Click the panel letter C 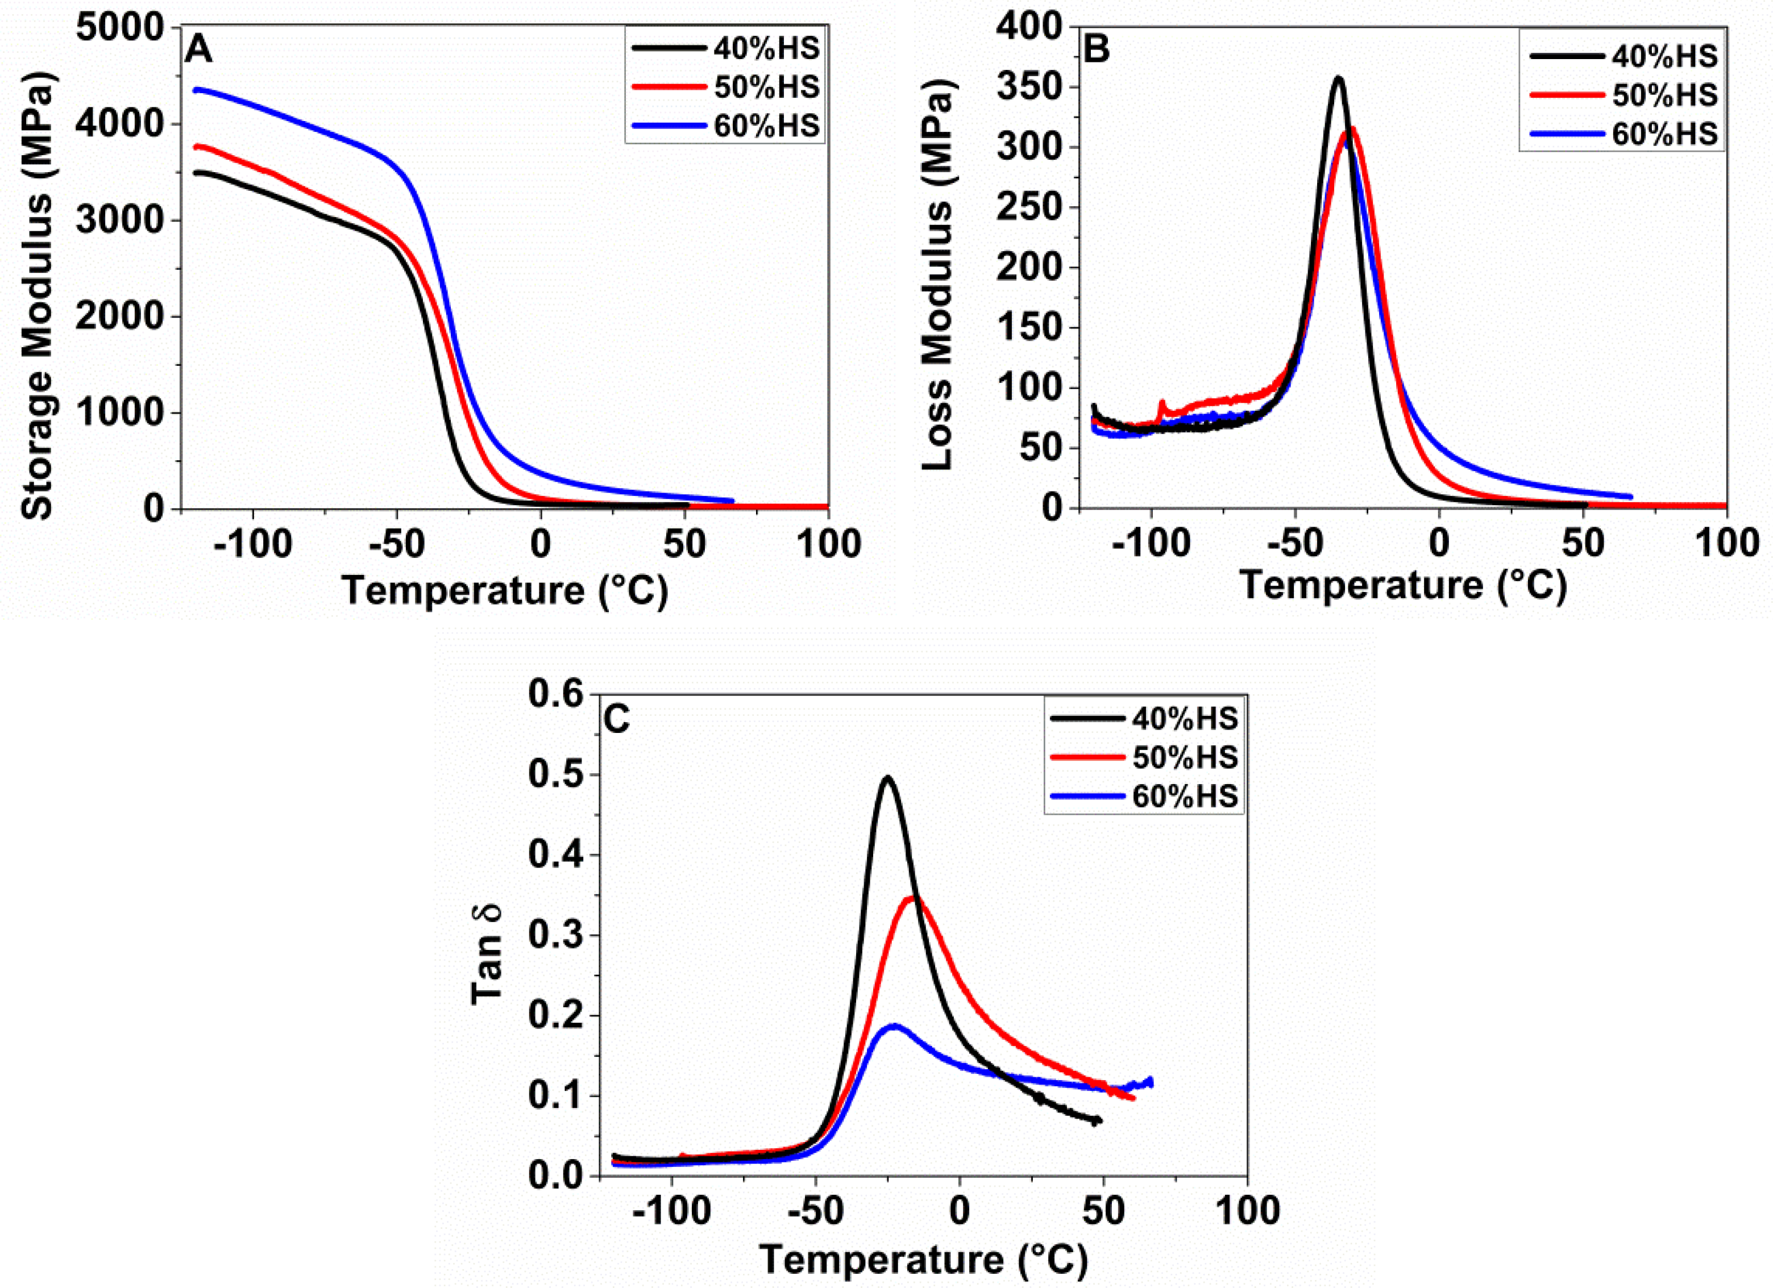[617, 720]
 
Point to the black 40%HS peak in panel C [887, 778]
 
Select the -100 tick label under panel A [252, 545]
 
